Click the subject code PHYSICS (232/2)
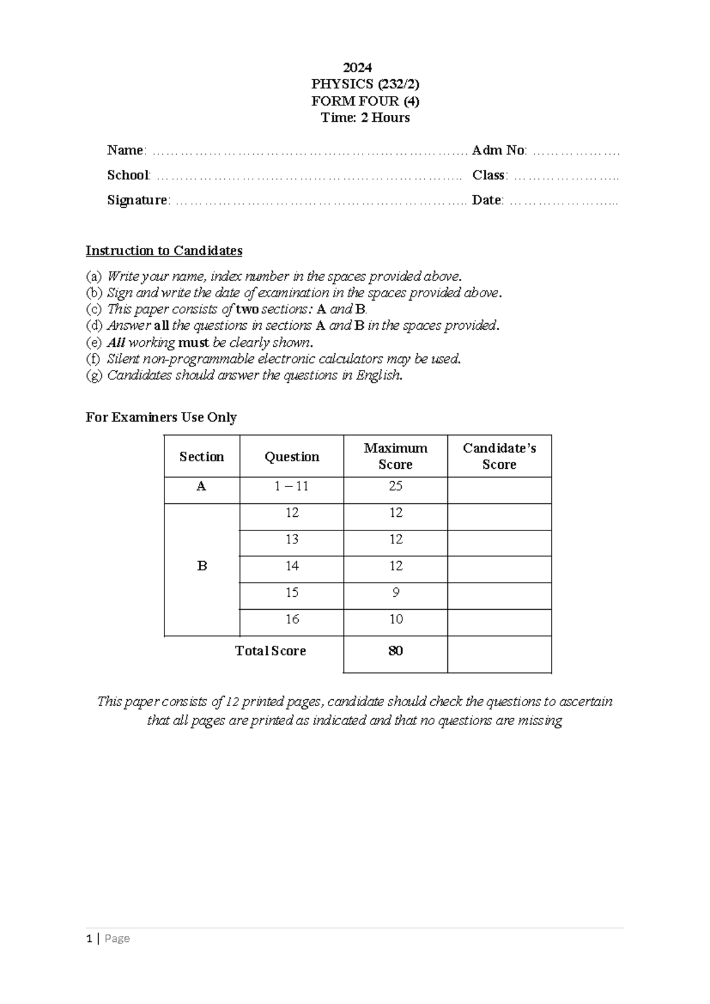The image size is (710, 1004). (365, 84)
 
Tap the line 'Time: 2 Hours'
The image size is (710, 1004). (365, 117)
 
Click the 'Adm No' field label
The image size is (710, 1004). (498, 150)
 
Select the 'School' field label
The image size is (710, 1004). (128, 175)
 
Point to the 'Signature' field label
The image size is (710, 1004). (137, 200)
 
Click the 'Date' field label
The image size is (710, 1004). (486, 200)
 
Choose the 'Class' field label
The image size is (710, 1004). (488, 175)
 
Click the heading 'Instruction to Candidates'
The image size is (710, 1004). (164, 250)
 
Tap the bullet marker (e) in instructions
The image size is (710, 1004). (93, 342)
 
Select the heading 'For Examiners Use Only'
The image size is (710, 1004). (161, 417)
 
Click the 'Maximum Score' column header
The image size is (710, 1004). (395, 456)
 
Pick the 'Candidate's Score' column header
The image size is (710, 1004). (499, 456)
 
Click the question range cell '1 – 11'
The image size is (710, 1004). (292, 486)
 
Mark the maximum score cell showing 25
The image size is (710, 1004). (395, 486)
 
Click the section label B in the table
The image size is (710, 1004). (202, 566)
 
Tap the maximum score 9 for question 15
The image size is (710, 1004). (395, 593)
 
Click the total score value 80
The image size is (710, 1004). (395, 651)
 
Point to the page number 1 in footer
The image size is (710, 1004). (89, 938)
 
